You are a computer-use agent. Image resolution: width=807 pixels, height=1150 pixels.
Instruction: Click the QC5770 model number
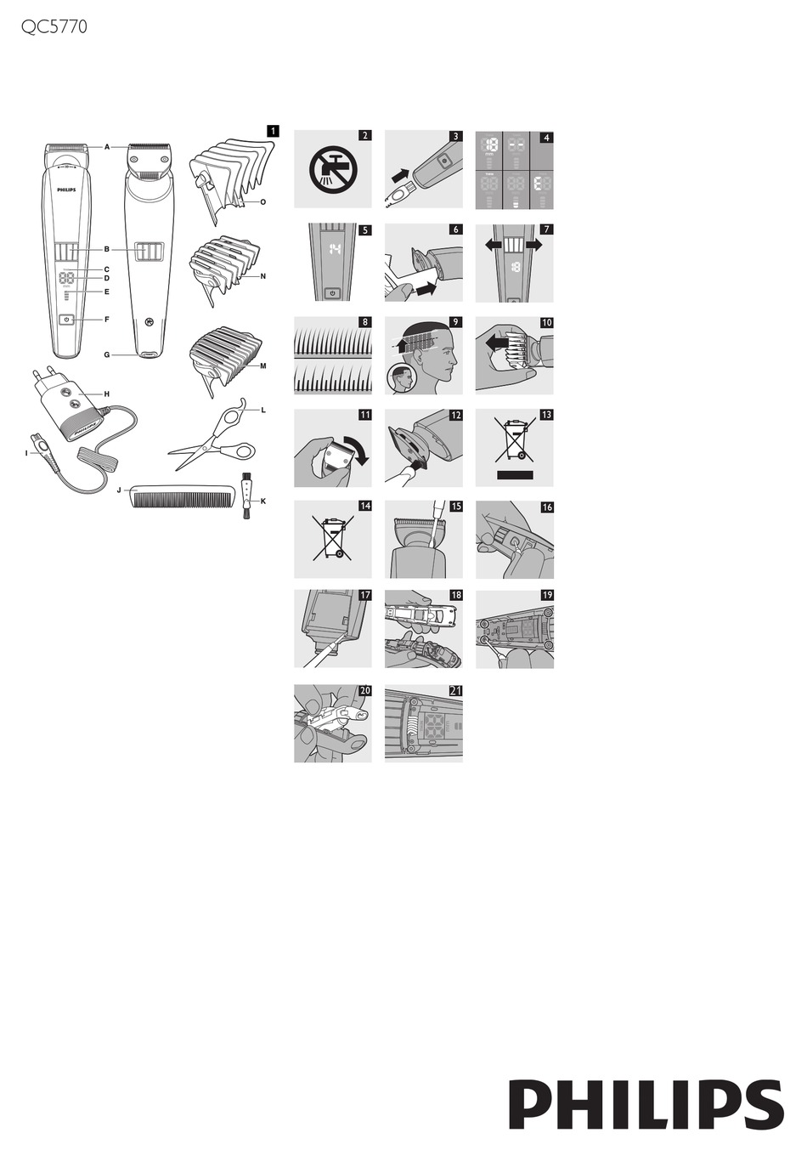(54, 27)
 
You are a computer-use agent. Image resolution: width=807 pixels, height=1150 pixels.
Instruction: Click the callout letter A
(107, 147)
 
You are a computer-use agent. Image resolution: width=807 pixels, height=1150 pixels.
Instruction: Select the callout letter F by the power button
(107, 320)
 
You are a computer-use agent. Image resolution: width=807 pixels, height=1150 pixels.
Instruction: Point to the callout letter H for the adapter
(107, 394)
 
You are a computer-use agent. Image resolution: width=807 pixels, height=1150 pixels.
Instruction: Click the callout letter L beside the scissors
(263, 410)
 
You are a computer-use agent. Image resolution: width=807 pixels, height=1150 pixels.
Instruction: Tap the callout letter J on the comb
(121, 490)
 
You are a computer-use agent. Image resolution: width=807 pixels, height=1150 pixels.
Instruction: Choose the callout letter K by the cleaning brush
(263, 501)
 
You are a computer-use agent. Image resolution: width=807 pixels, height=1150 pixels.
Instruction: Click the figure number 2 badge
(364, 135)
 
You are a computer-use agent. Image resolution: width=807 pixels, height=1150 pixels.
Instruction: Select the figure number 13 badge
(546, 415)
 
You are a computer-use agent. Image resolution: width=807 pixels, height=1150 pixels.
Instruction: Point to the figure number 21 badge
(455, 690)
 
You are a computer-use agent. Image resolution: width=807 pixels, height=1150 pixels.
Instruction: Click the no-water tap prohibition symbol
(332, 168)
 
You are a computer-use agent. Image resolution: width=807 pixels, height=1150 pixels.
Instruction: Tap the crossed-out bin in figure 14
(332, 538)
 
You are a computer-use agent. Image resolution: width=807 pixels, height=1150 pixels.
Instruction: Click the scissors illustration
(212, 440)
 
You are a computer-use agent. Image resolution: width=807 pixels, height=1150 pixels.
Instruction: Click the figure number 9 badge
(455, 322)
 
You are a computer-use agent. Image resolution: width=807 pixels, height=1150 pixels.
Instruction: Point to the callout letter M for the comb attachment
(263, 366)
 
